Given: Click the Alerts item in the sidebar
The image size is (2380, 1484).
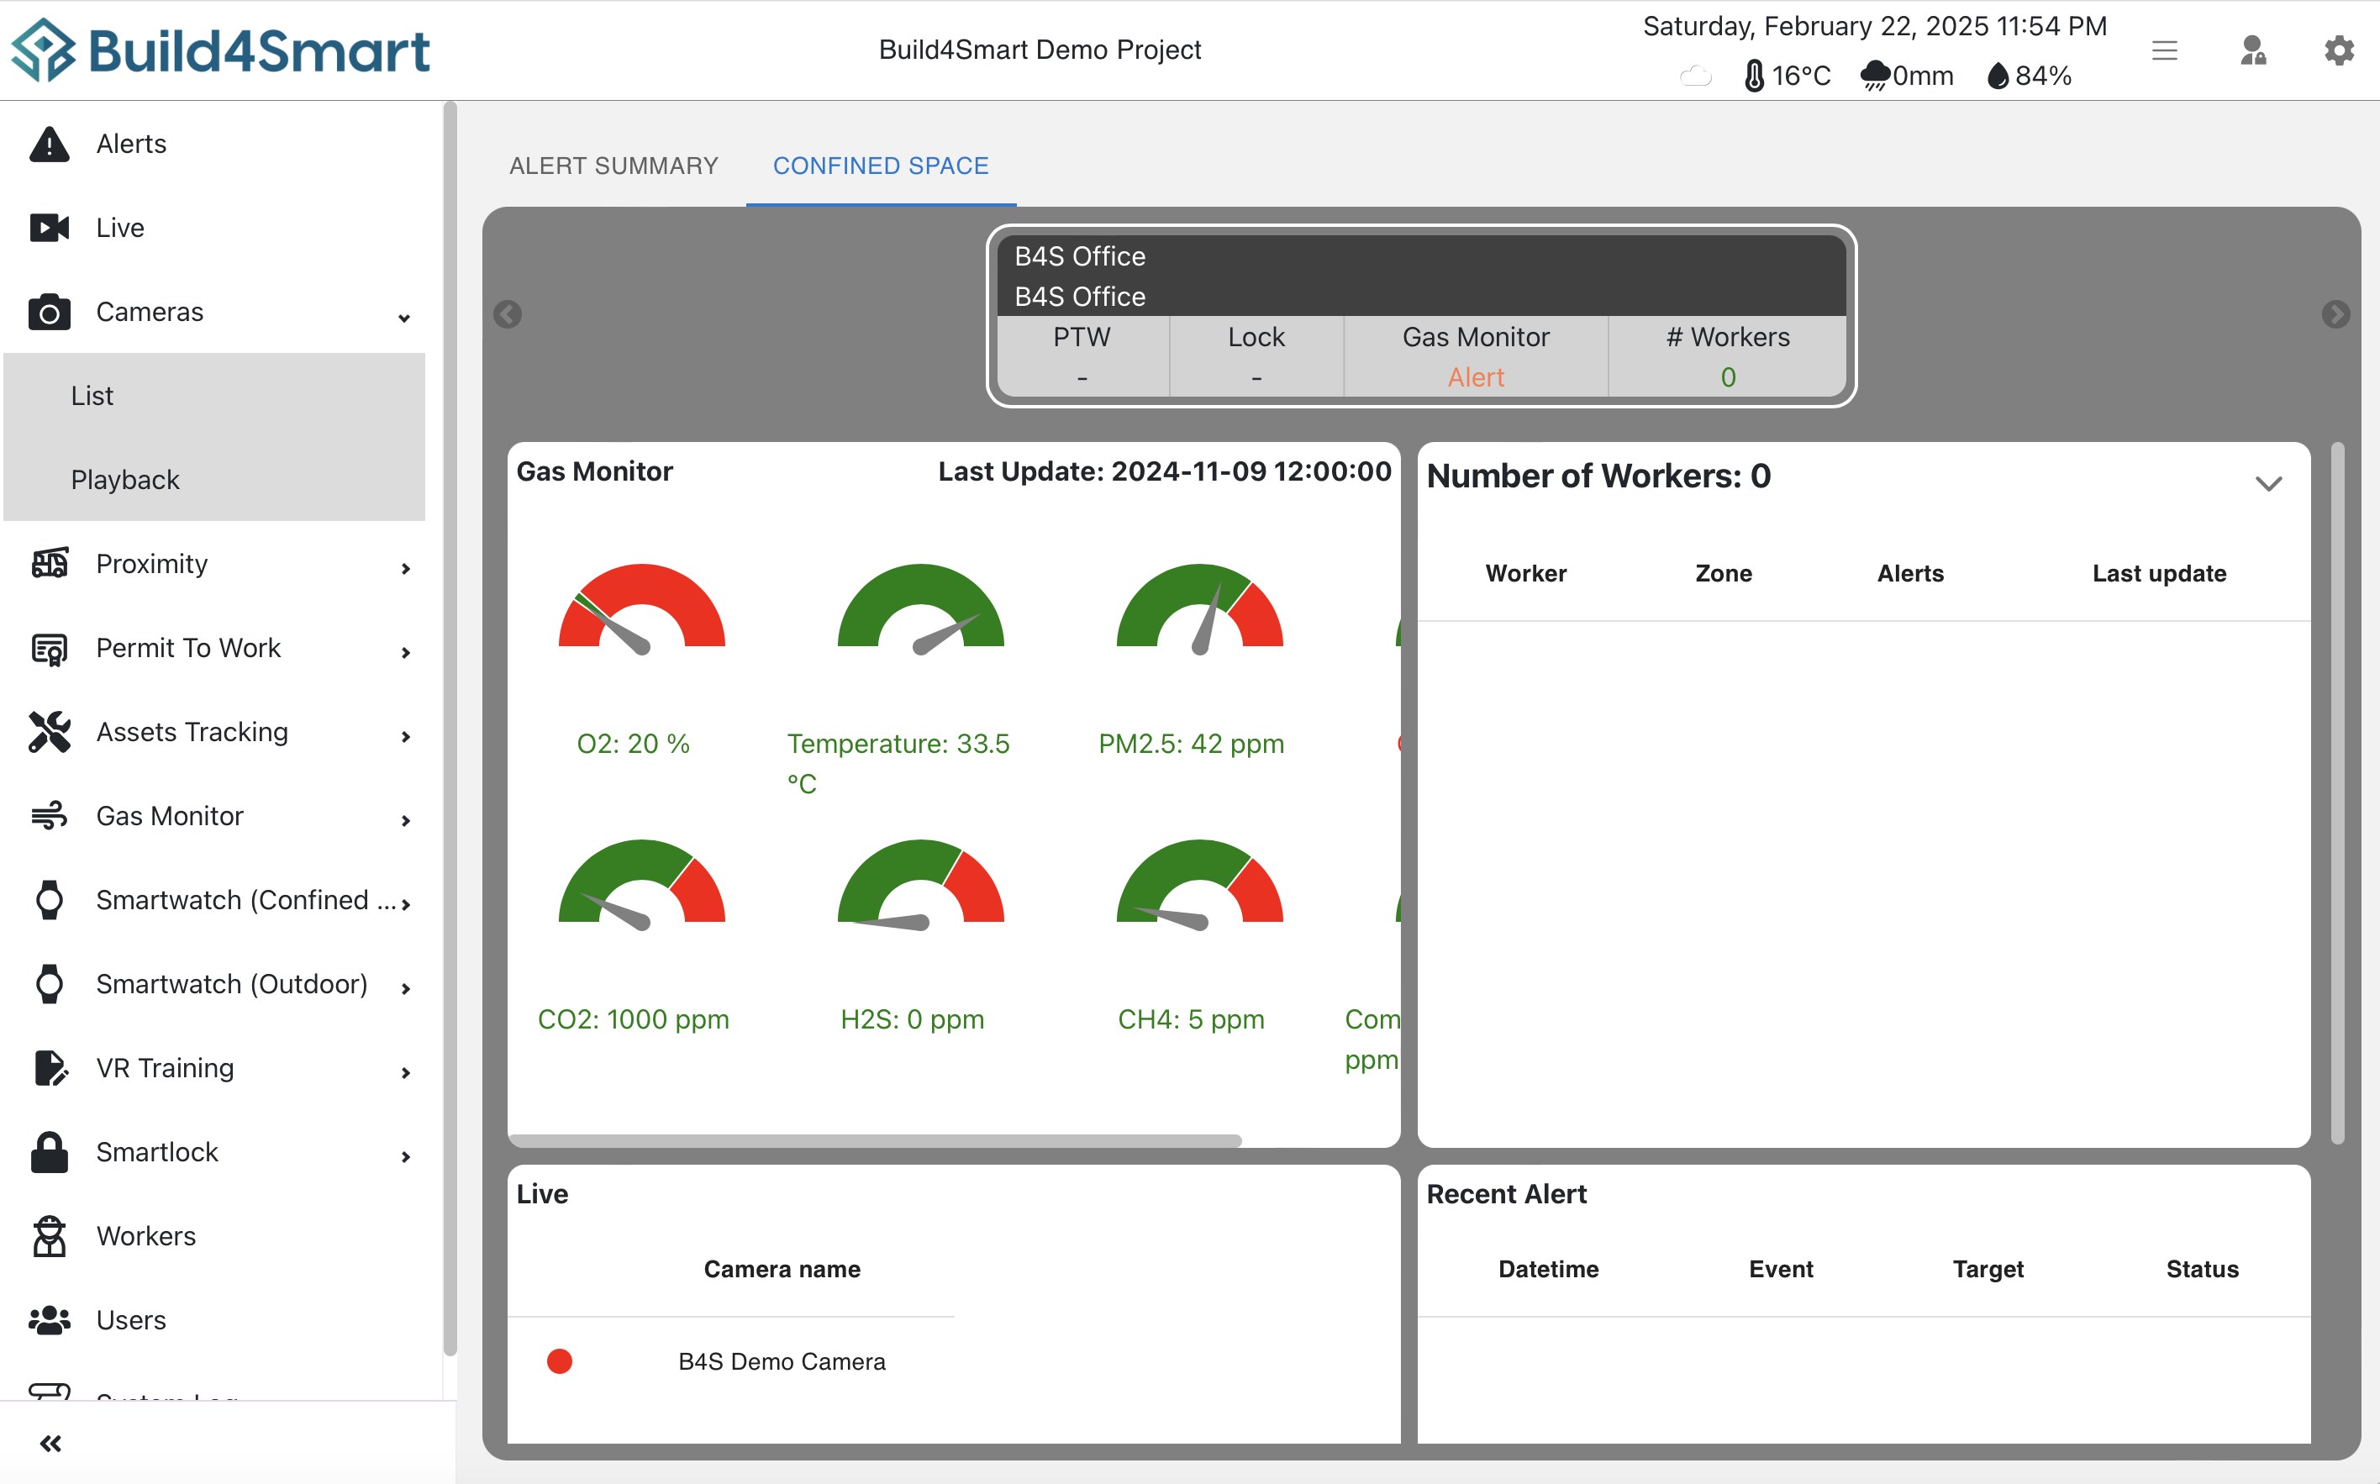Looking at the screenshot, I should click(130, 144).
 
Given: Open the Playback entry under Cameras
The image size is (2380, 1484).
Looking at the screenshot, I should click(124, 480).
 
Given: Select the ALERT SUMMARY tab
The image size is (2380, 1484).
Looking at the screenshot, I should click(613, 166).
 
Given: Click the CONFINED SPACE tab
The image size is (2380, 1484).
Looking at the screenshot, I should click(881, 166).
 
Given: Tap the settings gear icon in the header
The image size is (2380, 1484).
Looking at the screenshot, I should click(2339, 50).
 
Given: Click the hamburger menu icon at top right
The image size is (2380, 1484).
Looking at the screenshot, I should click(2164, 50).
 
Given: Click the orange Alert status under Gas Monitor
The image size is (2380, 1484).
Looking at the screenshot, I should click(1475, 378).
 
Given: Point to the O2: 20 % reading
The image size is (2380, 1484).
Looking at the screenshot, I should click(633, 744).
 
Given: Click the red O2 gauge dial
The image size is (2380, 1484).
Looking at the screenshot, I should click(642, 608).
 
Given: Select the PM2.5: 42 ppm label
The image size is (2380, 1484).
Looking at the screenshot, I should click(1191, 744).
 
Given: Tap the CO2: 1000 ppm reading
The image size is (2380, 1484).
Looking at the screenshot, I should click(633, 1020).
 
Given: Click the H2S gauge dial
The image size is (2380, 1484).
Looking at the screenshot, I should click(920, 883).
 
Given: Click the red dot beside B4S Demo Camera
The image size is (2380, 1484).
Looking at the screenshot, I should click(560, 1361).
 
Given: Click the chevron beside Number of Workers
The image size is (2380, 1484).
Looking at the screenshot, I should click(2267, 483).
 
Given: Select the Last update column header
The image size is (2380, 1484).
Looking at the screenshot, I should click(2158, 573).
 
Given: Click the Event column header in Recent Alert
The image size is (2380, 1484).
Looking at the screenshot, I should click(1780, 1269).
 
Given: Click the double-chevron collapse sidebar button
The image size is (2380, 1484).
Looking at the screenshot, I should click(51, 1443).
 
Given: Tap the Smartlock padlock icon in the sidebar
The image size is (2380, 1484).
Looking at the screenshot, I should click(49, 1152).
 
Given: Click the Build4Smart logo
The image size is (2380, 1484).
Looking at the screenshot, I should click(221, 50).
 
